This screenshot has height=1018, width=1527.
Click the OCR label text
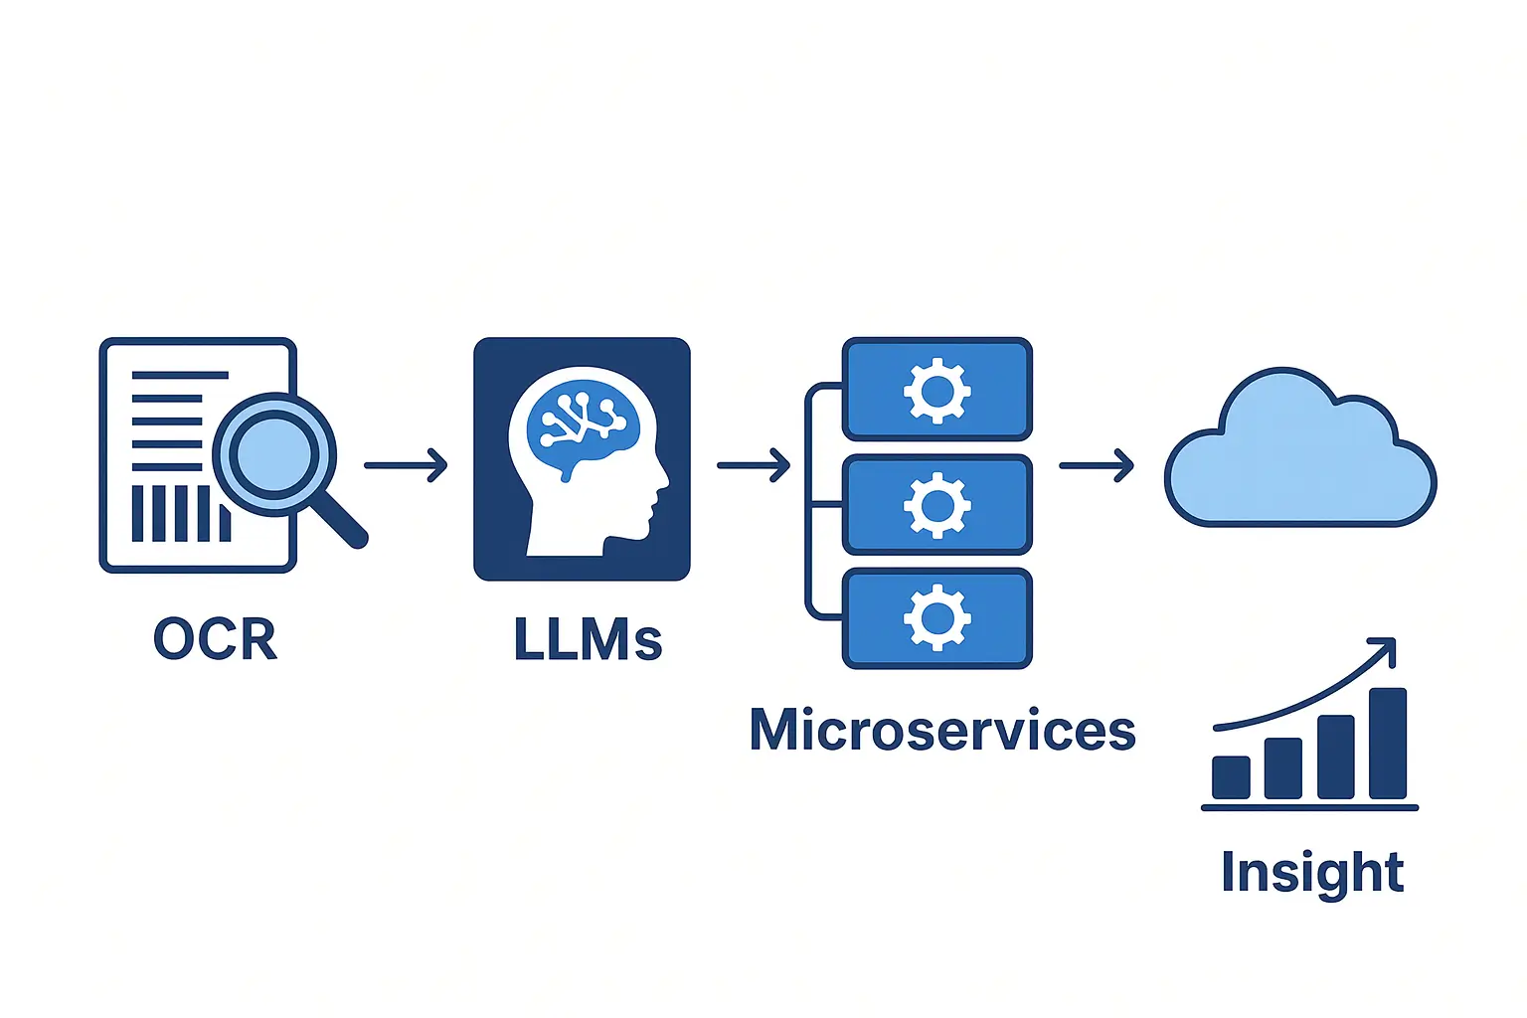215,638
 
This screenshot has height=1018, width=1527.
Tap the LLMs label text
588,639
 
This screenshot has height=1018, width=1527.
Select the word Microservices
941,731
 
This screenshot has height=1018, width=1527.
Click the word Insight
1311,872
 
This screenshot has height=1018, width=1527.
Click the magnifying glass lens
273,454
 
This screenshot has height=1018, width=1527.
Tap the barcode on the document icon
179,513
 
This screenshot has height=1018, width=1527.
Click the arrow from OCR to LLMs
406,465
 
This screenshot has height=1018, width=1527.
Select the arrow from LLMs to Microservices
753,464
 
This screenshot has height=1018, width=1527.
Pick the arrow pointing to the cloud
1097,465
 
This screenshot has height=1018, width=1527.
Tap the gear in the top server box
936,391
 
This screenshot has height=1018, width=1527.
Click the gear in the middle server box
936,505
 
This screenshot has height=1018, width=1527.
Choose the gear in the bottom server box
936,618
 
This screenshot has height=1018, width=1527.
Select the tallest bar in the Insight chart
1388,743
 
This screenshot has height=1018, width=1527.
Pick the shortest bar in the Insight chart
1231,776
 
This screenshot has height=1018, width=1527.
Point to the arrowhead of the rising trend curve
1387,647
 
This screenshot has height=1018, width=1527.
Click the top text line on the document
180,376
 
